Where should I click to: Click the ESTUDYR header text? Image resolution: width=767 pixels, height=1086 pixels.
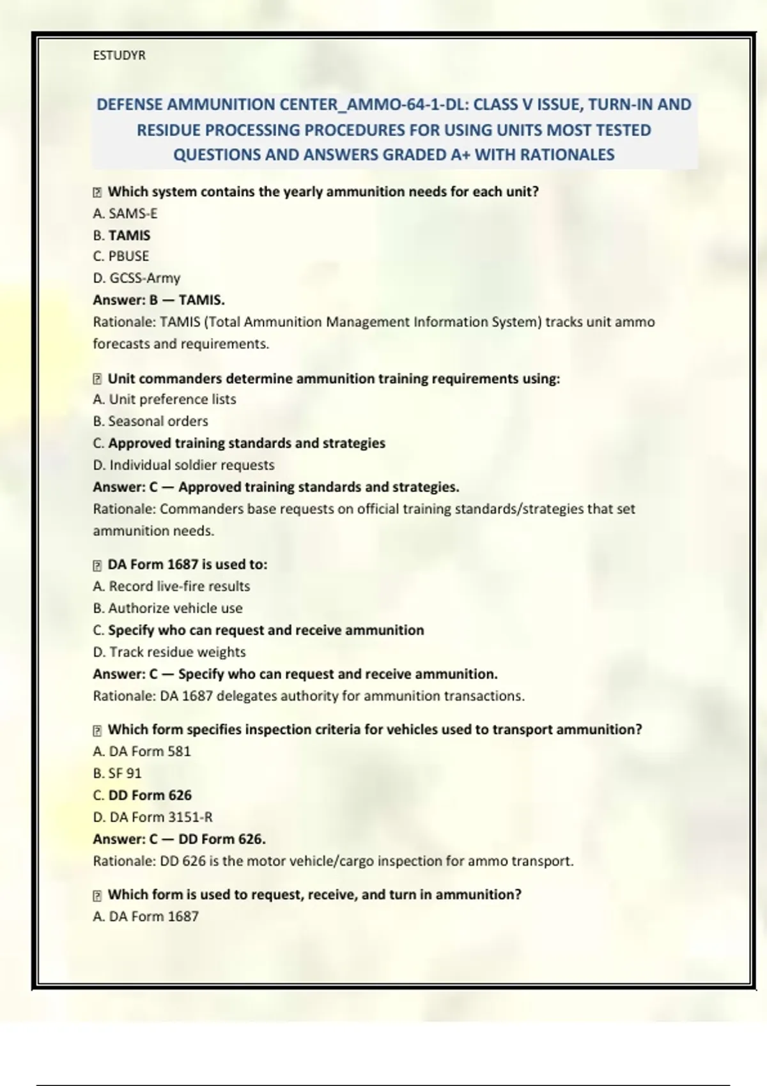[x=119, y=56]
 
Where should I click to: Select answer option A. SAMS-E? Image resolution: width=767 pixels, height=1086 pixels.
[x=125, y=213]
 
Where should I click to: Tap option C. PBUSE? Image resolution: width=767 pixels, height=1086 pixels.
[x=121, y=256]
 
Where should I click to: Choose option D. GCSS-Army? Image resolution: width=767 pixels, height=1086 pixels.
[x=136, y=278]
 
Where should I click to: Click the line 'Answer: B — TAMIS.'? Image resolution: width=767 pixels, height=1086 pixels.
[x=159, y=300]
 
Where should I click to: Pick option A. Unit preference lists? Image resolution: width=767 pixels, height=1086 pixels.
[x=164, y=399]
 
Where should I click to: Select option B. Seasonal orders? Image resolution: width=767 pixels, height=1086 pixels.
[x=150, y=421]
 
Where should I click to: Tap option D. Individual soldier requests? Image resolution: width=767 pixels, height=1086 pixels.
[x=183, y=465]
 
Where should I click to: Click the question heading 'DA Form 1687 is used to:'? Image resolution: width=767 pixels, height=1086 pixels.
[x=187, y=565]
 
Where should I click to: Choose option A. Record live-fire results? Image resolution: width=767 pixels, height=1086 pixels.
[x=171, y=586]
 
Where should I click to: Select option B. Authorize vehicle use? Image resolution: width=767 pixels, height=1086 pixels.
[x=167, y=608]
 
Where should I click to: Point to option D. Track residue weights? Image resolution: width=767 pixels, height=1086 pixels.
[x=169, y=652]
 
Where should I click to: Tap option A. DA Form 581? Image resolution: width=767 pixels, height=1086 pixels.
[x=142, y=751]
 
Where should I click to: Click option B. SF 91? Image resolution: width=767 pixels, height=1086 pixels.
[x=117, y=773]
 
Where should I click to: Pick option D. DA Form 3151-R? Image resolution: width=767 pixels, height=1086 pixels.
[x=153, y=817]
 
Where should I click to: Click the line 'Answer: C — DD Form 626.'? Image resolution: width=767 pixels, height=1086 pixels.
[x=179, y=839]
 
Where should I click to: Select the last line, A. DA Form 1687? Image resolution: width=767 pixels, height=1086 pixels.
[x=146, y=916]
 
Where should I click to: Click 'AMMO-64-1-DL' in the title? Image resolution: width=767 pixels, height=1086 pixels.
[x=406, y=105]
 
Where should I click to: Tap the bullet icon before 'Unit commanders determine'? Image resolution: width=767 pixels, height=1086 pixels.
[x=97, y=379]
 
